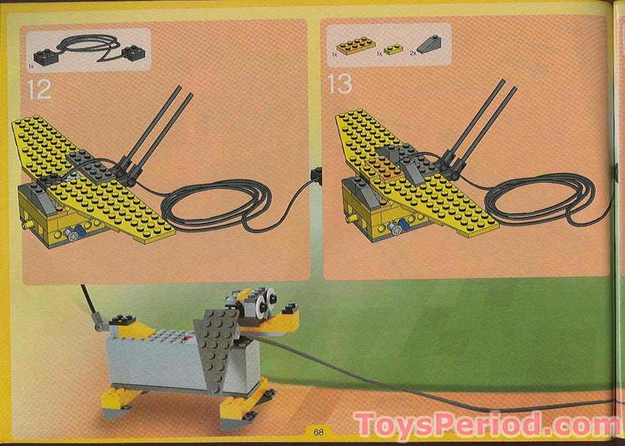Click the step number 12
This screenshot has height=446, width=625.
point(39,88)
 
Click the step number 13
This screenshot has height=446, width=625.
point(340,85)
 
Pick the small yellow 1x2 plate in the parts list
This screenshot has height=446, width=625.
point(394,49)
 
